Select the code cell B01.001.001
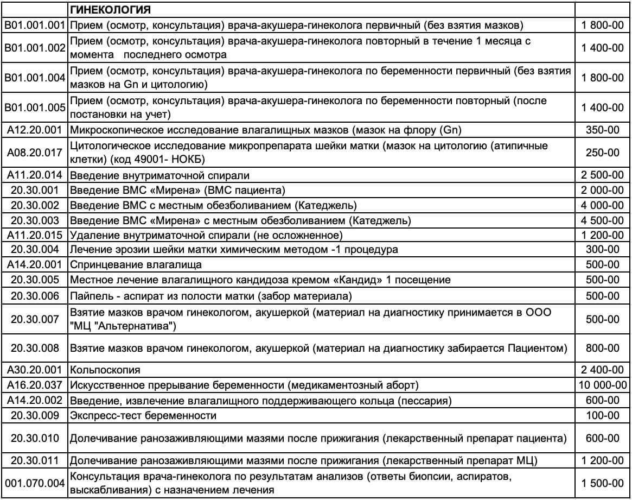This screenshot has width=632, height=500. [35, 25]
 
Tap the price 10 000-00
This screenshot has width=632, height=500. [603, 385]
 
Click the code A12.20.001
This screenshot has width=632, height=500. [35, 130]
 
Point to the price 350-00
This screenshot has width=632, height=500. [603, 130]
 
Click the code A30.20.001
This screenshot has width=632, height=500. [35, 370]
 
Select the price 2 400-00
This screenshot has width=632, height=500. [603, 370]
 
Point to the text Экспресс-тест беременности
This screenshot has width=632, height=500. [143, 416]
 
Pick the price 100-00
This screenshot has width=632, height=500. [603, 416]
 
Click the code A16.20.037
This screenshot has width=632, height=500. [35, 385]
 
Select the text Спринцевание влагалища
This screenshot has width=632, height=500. [136, 265]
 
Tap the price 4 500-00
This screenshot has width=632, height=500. [603, 220]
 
